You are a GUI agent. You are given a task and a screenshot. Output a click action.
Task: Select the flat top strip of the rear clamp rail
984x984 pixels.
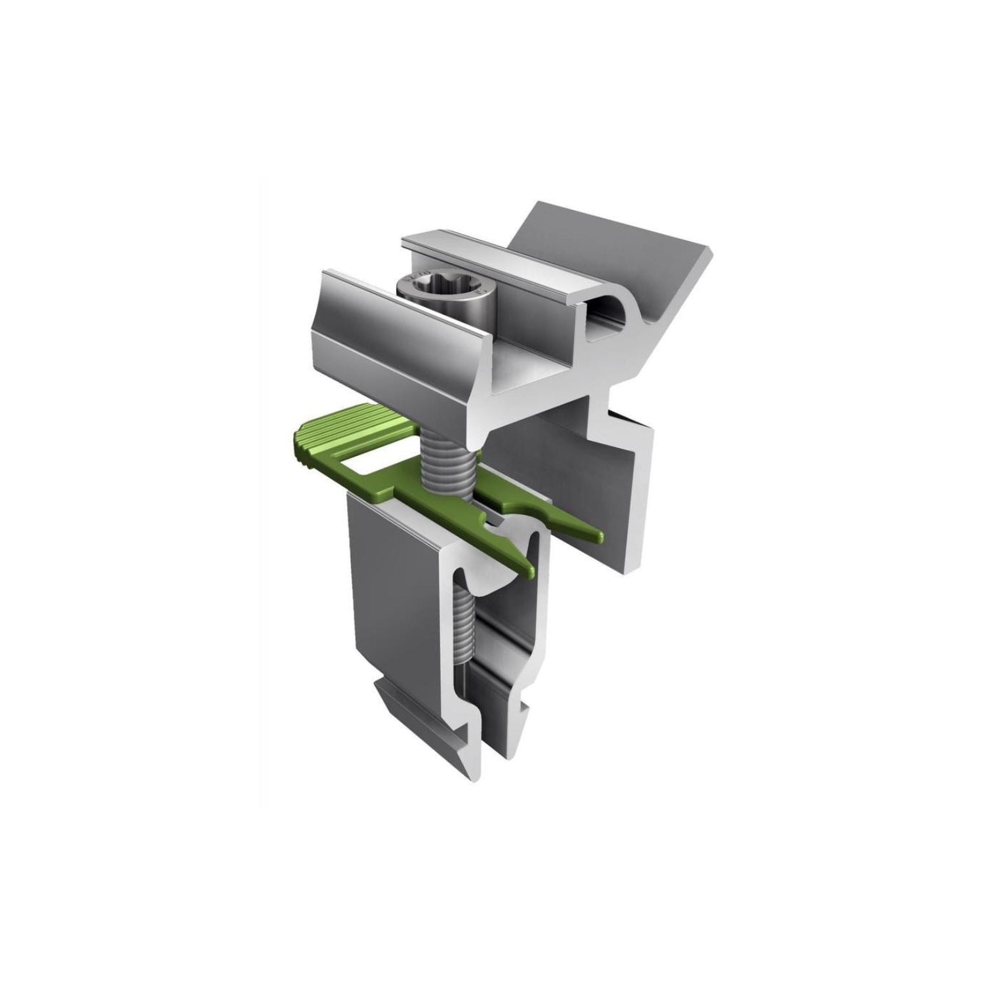[499, 259]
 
